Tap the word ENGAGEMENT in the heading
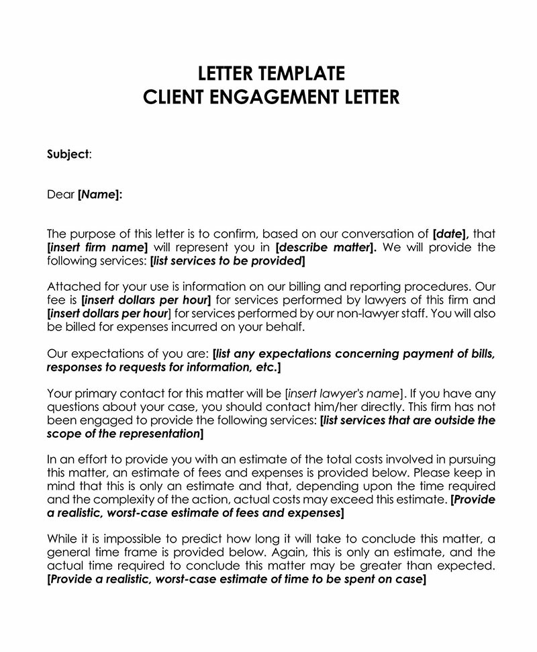279,97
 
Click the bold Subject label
67,154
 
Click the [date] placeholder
450,234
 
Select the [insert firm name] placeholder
97,247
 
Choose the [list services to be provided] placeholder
228,261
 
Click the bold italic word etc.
266,367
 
